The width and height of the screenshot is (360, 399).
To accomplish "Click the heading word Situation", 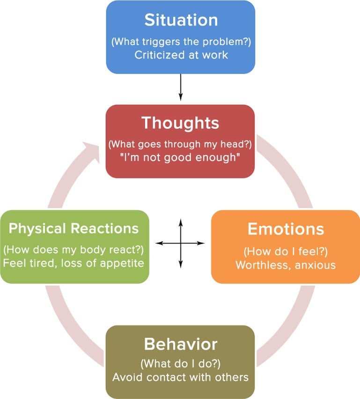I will coord(180,20).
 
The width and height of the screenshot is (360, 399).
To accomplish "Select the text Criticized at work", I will coord(180,55).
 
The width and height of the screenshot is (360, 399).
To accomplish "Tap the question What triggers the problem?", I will coord(180,41).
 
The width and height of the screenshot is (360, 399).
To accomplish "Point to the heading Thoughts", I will coord(180,123).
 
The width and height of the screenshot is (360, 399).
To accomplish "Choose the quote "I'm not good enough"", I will coord(180,157).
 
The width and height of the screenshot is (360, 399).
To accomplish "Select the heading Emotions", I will coord(286,229).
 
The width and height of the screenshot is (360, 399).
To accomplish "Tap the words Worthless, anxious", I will coord(286,265).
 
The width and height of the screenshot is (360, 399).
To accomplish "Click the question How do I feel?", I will coord(286,251).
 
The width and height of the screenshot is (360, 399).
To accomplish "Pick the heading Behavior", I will coord(180,344).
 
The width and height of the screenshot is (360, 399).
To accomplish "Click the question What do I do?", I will coord(180,364).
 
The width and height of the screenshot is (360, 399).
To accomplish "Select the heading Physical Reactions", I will coord(74,229).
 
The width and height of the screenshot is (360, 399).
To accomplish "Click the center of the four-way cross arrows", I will coord(180,244).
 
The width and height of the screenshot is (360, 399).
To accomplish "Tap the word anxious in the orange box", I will coord(317,265).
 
